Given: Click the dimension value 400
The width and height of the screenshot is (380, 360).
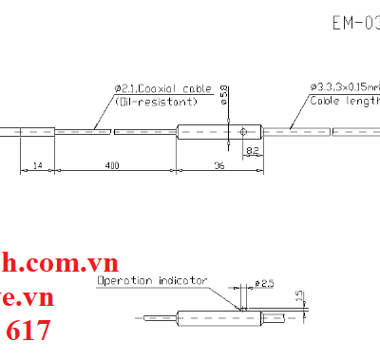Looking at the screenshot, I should (x=113, y=166).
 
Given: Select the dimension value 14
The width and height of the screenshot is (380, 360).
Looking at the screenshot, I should (x=38, y=166).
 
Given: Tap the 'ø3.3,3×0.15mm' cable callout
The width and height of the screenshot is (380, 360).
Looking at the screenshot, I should (x=343, y=88).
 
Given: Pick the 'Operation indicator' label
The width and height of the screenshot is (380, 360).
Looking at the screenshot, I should (x=150, y=281).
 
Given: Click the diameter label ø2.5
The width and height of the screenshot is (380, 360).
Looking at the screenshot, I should (x=265, y=284).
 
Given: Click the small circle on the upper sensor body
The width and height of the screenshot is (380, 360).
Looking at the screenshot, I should (x=244, y=131).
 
